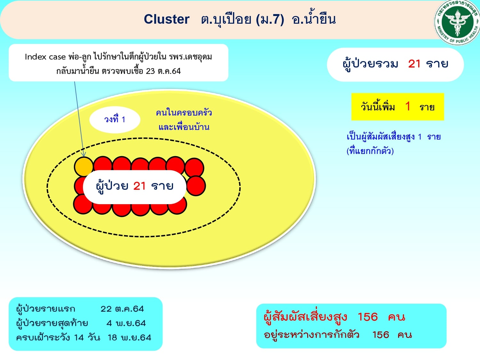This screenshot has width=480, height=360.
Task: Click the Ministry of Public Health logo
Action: (457, 22)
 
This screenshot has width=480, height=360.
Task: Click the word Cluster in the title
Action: (166, 19)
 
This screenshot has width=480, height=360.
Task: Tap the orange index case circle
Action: (84, 167)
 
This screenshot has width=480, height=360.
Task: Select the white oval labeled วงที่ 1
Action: (115, 120)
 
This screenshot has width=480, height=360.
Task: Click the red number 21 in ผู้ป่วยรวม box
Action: (414, 64)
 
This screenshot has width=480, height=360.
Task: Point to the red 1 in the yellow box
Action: (408, 107)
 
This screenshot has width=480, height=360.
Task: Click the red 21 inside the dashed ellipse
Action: (139, 186)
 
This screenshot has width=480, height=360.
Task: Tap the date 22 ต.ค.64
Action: (122, 309)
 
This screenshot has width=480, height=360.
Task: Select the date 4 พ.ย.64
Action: (126, 323)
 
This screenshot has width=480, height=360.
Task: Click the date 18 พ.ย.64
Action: (129, 338)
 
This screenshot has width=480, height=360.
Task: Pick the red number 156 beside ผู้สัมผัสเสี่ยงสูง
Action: (368, 317)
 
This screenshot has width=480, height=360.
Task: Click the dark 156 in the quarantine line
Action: (381, 335)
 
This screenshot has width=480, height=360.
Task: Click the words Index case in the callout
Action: (45, 57)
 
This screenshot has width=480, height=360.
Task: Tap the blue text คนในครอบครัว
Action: (184, 113)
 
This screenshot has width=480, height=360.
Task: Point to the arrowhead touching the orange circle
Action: (84, 155)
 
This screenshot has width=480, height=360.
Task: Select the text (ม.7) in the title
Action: (270, 20)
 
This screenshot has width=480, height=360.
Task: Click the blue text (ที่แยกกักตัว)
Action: (370, 151)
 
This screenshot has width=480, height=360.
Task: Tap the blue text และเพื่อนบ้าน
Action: (184, 127)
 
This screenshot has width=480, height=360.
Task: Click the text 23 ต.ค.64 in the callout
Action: (163, 71)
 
